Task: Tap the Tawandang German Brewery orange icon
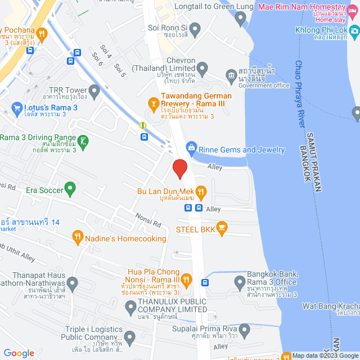click(x=152, y=103)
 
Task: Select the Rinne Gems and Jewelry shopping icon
click(x=191, y=149)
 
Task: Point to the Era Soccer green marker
click(x=70, y=189)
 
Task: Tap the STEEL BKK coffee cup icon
click(x=222, y=228)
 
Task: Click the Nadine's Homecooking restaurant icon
click(x=78, y=238)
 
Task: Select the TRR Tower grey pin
click(x=94, y=90)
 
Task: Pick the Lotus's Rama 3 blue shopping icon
click(x=16, y=107)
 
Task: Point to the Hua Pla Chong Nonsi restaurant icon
click(x=187, y=279)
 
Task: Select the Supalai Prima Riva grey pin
click(x=244, y=329)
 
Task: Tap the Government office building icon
click(x=231, y=75)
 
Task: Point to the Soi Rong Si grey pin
click(x=195, y=28)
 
